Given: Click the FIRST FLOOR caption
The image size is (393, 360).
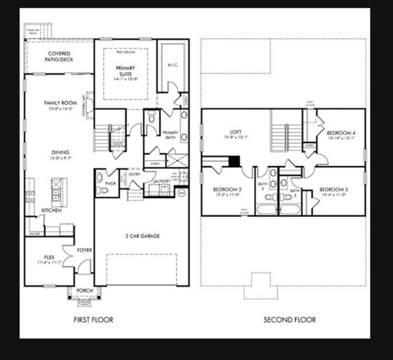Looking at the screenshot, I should (x=93, y=320).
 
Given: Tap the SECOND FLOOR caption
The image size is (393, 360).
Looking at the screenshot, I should (x=290, y=320).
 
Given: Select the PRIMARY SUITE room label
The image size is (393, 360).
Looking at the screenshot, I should (x=125, y=71).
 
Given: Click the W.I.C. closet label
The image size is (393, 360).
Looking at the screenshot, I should (x=172, y=65).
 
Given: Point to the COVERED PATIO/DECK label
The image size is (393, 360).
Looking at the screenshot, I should (x=59, y=57).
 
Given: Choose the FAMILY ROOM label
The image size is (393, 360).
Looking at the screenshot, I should (x=59, y=103).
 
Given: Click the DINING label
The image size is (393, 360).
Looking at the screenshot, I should (x=61, y=152).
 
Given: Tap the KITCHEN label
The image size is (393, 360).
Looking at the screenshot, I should (x=51, y=210).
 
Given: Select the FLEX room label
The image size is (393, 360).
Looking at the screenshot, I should (x=50, y=257).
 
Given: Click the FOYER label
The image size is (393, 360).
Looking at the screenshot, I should (x=85, y=250).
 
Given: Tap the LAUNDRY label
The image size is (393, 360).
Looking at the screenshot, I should (x=162, y=181).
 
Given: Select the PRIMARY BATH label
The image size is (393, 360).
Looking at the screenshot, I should (x=170, y=135).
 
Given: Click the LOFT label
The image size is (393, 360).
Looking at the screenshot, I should (x=236, y=132).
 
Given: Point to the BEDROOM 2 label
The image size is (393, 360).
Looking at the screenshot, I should (x=228, y=190).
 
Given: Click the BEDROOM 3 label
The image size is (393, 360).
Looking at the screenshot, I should (x=333, y=190).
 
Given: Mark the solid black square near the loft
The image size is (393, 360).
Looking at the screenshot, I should (x=233, y=160).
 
